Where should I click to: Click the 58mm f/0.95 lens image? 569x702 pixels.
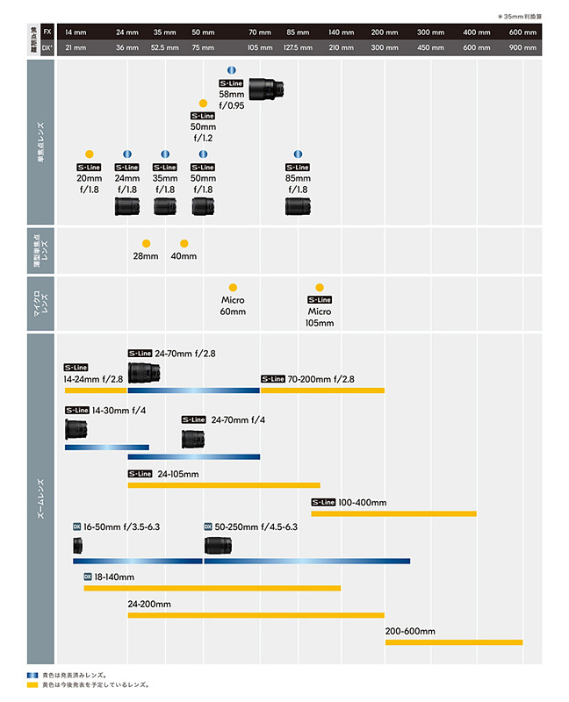point(266,88)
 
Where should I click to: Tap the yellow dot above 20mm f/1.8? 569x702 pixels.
point(89,154)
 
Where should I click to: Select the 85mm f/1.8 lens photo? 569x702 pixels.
point(297,206)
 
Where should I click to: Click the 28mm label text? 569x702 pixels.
point(146,256)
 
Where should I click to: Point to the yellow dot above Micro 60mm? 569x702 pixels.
point(233,287)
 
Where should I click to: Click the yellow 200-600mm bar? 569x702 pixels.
point(453,642)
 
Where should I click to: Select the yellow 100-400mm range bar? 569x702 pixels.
point(393,513)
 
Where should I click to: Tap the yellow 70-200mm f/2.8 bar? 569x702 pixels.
point(322,390)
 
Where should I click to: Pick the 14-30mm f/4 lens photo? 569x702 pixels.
point(76,429)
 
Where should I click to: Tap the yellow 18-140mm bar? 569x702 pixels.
point(212,588)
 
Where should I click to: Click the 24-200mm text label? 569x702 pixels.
point(148,605)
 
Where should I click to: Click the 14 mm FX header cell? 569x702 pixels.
point(75,31)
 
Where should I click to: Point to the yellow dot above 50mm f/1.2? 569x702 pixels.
point(203,103)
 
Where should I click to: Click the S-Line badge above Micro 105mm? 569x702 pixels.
point(320,299)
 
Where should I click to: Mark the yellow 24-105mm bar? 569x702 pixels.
point(224,484)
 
